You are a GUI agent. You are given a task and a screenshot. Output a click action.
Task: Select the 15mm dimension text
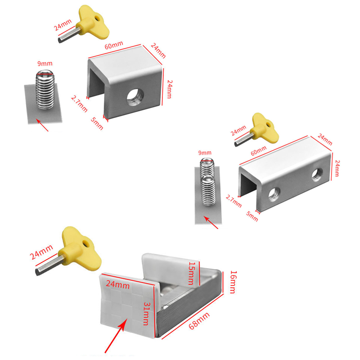[193, 273]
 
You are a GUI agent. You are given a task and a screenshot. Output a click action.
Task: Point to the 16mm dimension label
[232, 282]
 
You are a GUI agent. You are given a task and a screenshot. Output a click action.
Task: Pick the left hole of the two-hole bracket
[274, 194]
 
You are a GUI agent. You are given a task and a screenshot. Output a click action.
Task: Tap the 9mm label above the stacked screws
[204, 153]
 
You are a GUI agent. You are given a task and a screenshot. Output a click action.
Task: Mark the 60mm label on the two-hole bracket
[258, 153]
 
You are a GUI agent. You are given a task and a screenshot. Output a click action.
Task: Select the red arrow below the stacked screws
[211, 222]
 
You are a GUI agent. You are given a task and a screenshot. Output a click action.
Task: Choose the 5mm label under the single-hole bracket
[97, 124]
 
